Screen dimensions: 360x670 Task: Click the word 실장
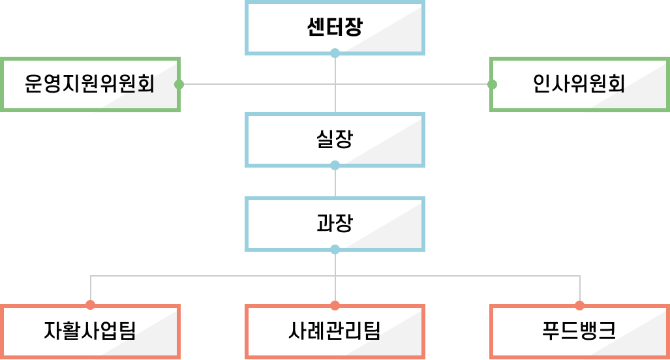(334, 139)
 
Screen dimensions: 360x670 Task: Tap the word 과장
(334, 224)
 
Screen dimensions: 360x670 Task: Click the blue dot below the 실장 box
(335, 165)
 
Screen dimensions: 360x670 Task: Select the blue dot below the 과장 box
(335, 249)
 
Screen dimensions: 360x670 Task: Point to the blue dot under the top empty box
(335, 53)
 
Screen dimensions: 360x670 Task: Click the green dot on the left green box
(179, 84)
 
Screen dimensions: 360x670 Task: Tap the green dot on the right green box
(492, 84)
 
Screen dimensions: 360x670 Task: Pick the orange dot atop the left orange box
(90, 305)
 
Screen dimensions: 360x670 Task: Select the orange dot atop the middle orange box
(335, 305)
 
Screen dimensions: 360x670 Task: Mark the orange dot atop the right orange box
(579, 305)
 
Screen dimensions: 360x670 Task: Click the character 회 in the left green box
(145, 85)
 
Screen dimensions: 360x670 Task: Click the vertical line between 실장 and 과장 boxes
(335, 182)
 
